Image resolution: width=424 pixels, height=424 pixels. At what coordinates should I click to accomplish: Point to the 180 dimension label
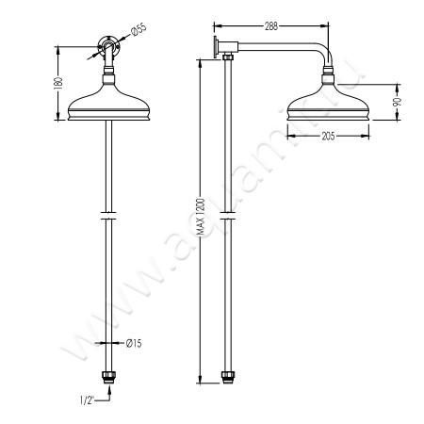point(57,82)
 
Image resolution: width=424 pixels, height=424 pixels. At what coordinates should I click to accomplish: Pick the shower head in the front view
point(112,105)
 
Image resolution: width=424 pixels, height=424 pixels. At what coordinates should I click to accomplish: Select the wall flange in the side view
point(217,46)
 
